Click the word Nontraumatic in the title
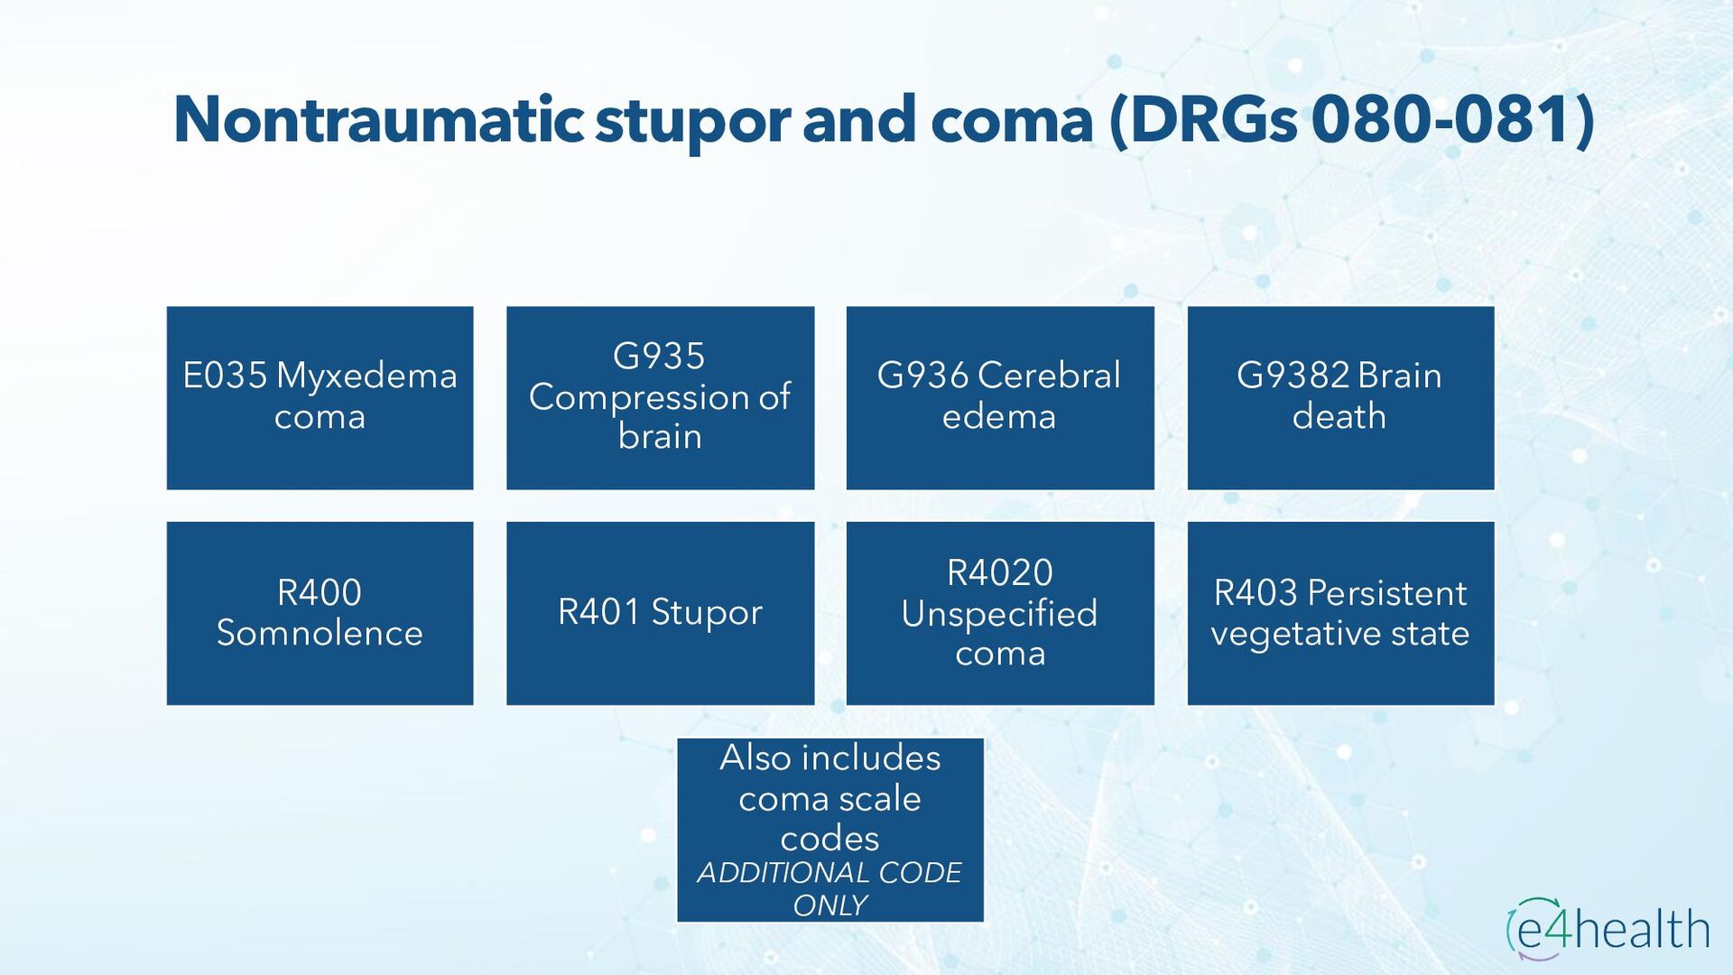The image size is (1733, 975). point(378,120)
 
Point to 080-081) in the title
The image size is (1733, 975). point(1452,120)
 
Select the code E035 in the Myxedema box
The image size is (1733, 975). point(225,376)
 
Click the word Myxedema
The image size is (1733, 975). point(366,376)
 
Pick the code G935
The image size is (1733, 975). point(659,356)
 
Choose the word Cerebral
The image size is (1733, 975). point(1049,376)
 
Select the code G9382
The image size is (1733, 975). point(1292,376)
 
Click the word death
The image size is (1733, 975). point(1339,416)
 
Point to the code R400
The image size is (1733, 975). point(320,592)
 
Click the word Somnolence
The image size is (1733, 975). point(320,633)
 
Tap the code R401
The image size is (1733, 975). point(598,612)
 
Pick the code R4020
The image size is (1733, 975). point(999,572)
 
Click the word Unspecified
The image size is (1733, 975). point(999,614)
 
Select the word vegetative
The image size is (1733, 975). point(1295,634)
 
